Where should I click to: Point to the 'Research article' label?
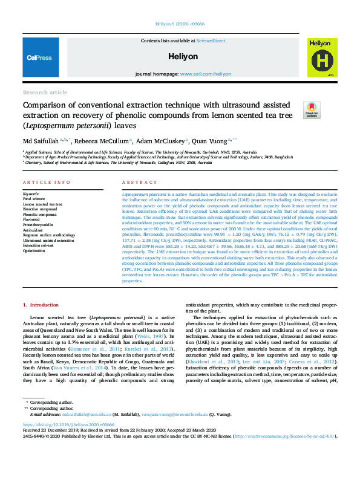tap(45, 92)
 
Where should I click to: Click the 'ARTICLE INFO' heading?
tap(47, 182)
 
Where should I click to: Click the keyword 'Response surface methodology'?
tap(49, 235)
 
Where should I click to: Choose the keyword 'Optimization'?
tap(34, 250)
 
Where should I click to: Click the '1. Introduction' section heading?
tap(41, 305)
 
